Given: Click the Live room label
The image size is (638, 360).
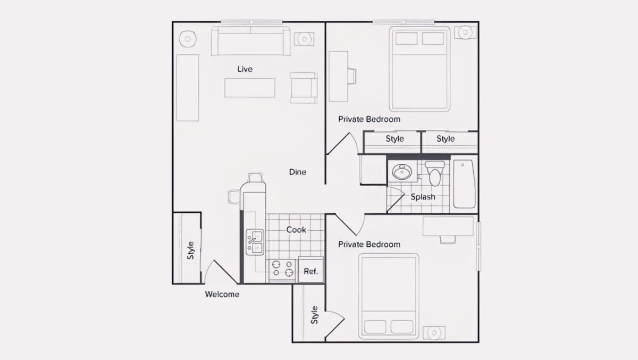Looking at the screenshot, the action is [x=245, y=69].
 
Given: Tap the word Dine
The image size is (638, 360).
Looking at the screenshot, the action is [x=298, y=172].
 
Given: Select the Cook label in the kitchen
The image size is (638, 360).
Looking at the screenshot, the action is [x=296, y=230].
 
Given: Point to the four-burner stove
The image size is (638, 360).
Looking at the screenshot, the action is [x=282, y=269].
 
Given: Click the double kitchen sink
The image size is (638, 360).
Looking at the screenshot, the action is [x=255, y=242].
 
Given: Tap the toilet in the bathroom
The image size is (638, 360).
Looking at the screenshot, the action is [x=435, y=173].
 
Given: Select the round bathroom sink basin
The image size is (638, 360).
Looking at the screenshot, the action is [x=402, y=172].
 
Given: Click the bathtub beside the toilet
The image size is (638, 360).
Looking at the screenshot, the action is [x=464, y=183].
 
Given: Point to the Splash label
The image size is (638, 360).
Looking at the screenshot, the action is [x=423, y=197].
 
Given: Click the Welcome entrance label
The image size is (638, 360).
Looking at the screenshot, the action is [x=222, y=294].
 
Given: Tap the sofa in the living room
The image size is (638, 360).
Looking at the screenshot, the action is [x=250, y=41].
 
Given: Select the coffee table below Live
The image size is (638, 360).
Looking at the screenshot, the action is [x=250, y=88].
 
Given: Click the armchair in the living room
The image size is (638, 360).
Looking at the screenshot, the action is [x=304, y=88].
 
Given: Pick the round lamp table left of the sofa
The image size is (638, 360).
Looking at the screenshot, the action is [x=188, y=39].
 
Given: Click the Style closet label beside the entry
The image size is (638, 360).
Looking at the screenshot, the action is [x=190, y=250].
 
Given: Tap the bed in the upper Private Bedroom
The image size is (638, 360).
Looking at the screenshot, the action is [x=419, y=69].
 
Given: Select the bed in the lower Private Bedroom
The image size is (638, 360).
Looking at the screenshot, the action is [x=389, y=297].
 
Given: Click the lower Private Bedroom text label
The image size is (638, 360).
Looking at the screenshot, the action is [x=369, y=245].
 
